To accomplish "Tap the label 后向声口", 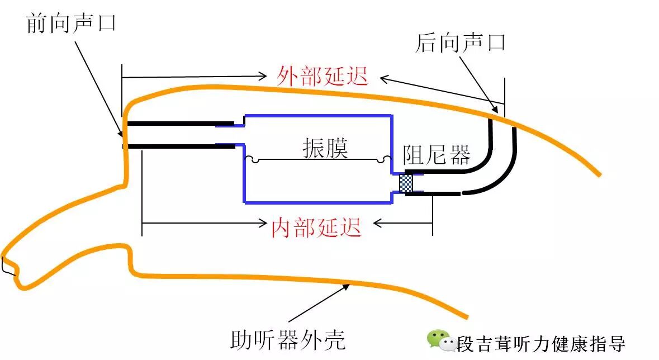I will coord(460,42).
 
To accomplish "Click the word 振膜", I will coord(325,149).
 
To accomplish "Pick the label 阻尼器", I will coord(437,155).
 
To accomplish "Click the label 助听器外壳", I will coord(288,339).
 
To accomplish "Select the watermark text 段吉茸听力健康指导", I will coord(541,343).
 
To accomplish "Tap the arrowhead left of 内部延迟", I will coord(262,223).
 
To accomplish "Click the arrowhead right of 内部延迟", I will coord(378,223).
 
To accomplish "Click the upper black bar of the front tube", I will coord(179,123).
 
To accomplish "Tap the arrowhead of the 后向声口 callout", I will coord(495,109).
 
